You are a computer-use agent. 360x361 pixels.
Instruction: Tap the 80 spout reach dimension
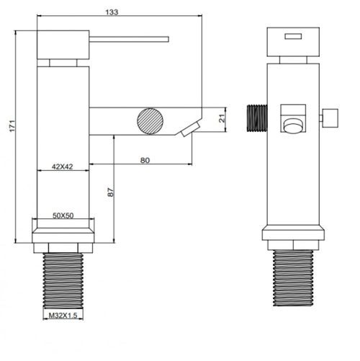click(x=145, y=161)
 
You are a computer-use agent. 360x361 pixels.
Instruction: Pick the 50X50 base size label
click(x=63, y=215)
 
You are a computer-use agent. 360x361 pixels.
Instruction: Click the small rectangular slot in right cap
click(x=293, y=36)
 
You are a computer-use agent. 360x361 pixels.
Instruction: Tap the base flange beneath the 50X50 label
click(x=63, y=233)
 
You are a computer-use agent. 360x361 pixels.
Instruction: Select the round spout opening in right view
click(x=292, y=128)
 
